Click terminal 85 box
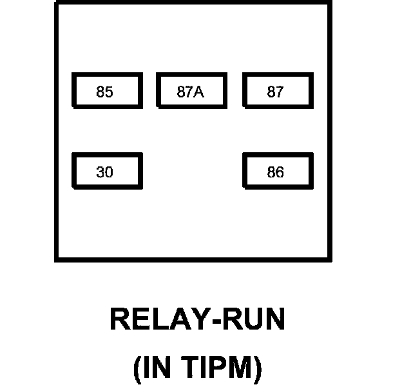point(107,90)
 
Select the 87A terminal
point(192,90)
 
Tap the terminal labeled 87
point(278,90)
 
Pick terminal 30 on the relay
point(107,171)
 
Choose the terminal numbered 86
point(278,171)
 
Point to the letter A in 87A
point(198,92)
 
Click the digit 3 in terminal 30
point(100,172)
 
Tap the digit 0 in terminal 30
point(109,172)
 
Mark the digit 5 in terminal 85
point(109,92)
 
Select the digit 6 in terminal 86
point(280,172)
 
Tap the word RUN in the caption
point(253,319)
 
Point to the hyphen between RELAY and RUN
point(215,321)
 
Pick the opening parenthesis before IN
point(137,370)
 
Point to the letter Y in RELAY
point(196,319)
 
